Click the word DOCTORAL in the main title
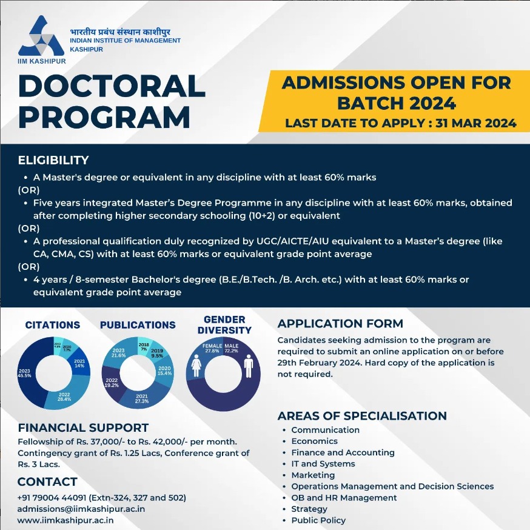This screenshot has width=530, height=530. pyautogui.click(x=112, y=86)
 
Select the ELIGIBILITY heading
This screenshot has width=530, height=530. pyautogui.click(x=53, y=161)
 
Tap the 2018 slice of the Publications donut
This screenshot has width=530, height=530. pyautogui.click(x=144, y=347)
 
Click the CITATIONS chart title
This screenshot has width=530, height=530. pyautogui.click(x=53, y=326)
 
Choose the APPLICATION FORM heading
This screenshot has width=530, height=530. pyautogui.click(x=340, y=324)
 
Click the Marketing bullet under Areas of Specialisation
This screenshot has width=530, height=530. pyautogui.click(x=313, y=475)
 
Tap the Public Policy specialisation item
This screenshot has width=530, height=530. pyautogui.click(x=318, y=520)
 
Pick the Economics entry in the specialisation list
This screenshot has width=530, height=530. pyautogui.click(x=314, y=441)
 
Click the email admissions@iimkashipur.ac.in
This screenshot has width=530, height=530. pyautogui.click(x=81, y=509)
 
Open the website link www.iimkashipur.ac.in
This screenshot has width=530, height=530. pyautogui.click(x=65, y=520)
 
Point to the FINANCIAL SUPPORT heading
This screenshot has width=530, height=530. pyautogui.click(x=83, y=428)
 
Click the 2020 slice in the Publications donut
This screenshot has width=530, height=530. pyautogui.click(x=164, y=371)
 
